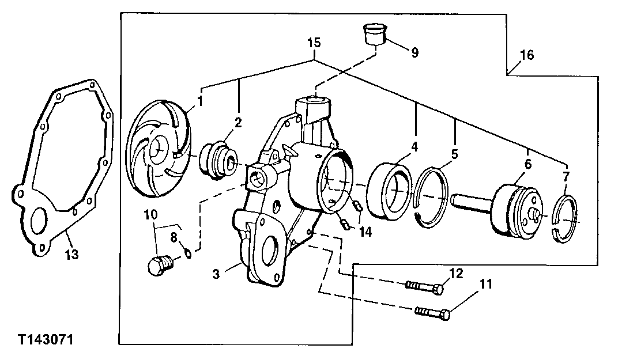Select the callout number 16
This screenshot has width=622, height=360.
click(526, 55)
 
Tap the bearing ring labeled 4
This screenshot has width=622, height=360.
click(390, 191)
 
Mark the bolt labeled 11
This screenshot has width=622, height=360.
click(432, 313)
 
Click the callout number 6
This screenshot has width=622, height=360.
click(527, 164)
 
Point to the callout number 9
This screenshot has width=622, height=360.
click(414, 52)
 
